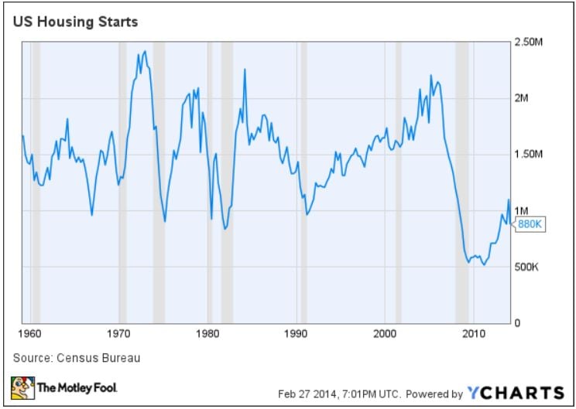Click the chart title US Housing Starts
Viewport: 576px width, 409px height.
tap(74, 22)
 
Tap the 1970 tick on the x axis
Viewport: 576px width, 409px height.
tap(118, 335)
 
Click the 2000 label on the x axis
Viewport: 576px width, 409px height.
tap(385, 335)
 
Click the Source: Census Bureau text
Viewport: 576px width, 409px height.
tap(67, 358)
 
